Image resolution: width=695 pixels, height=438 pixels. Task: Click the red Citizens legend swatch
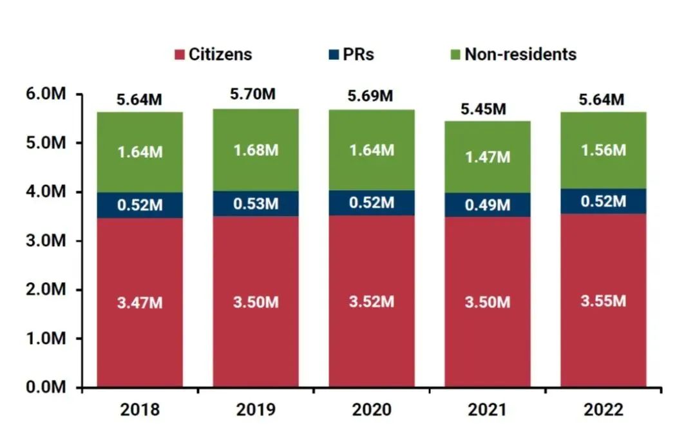click(x=179, y=55)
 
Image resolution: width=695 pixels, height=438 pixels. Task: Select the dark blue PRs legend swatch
click(x=332, y=55)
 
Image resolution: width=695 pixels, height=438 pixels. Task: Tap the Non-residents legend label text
click(x=520, y=54)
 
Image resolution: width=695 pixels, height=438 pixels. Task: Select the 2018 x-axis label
click(x=140, y=410)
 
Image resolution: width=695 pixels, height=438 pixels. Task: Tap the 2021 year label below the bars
click(x=488, y=410)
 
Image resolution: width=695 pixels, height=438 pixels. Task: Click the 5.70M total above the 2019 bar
click(x=256, y=94)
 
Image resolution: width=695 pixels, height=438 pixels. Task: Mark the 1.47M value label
click(x=488, y=157)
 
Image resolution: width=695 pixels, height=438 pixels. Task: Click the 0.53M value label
click(x=256, y=205)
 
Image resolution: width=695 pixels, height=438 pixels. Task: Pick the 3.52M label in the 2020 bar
click(x=372, y=301)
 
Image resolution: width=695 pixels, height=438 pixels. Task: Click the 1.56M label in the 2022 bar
click(x=604, y=150)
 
